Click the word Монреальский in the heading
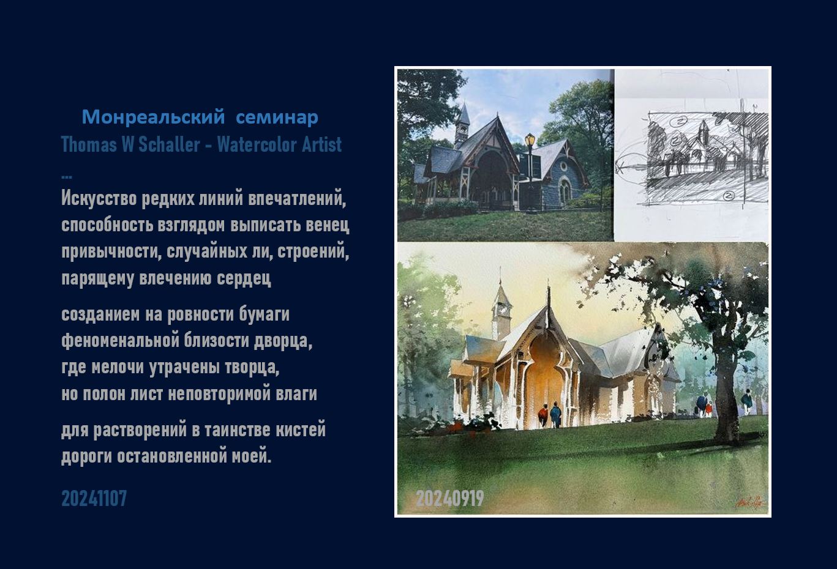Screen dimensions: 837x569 pyautogui.click(x=153, y=117)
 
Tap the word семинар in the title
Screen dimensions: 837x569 pyautogui.click(x=277, y=118)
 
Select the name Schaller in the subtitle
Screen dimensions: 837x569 pyautogui.click(x=169, y=144)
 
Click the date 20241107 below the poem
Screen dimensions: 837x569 pyautogui.click(x=94, y=499)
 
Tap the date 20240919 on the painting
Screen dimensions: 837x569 pyautogui.click(x=450, y=499)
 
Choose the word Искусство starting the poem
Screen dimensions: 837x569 pyautogui.click(x=99, y=198)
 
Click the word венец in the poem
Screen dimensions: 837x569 pyautogui.click(x=328, y=225)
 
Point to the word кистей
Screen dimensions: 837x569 pyautogui.click(x=301, y=430)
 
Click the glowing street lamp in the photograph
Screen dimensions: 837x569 pyautogui.click(x=530, y=139)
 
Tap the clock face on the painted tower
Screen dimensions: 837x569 pyautogui.click(x=501, y=309)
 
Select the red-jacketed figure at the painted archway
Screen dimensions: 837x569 pyautogui.click(x=543, y=415)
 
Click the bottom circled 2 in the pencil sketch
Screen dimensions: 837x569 pyautogui.click(x=729, y=195)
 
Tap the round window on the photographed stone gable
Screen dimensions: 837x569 pyautogui.click(x=562, y=165)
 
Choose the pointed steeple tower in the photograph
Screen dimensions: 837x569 pyautogui.click(x=463, y=126)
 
